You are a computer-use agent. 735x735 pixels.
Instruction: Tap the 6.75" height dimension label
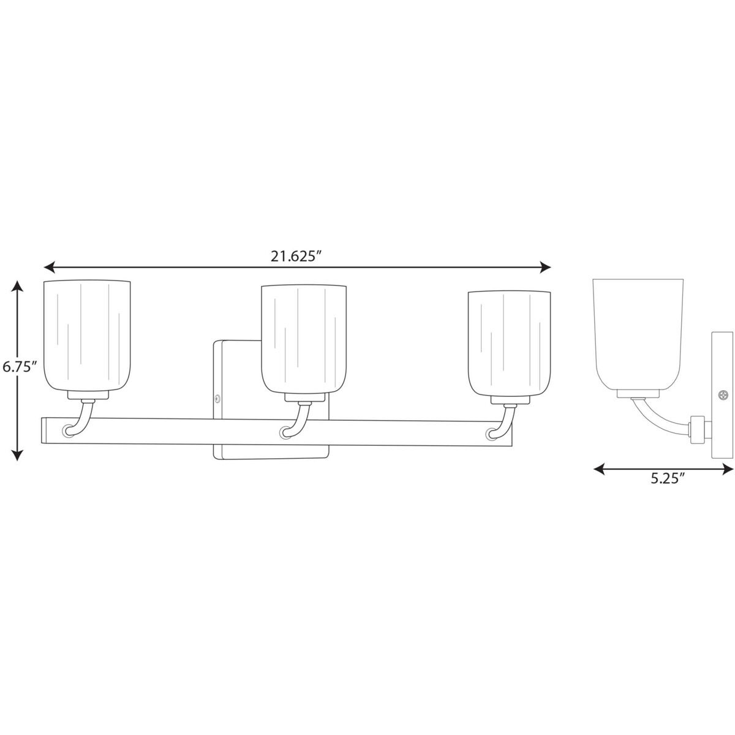(x=20, y=367)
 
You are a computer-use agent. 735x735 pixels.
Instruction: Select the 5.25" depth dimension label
(x=666, y=480)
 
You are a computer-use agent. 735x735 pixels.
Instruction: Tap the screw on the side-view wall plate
(x=724, y=396)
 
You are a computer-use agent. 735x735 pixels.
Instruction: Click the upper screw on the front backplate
(x=217, y=399)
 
